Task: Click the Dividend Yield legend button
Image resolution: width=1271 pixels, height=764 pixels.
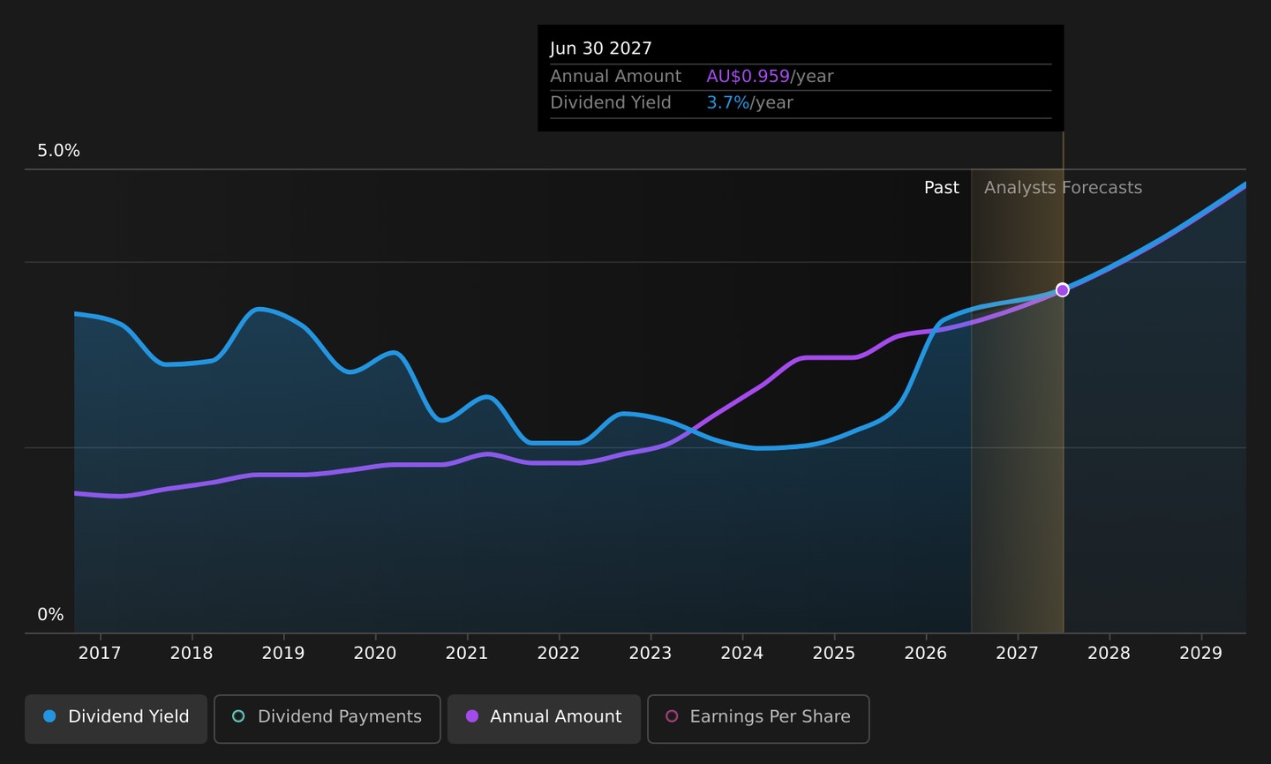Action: (116, 719)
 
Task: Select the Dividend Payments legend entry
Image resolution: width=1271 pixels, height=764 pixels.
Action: (327, 719)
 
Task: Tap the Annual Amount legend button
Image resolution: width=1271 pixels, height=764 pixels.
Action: (544, 719)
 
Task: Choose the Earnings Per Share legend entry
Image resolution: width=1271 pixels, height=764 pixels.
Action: (758, 719)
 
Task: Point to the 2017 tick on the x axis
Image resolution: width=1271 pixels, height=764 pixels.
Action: (100, 653)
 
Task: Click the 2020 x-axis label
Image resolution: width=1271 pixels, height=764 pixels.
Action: (375, 653)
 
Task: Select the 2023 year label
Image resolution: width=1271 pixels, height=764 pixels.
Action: (651, 653)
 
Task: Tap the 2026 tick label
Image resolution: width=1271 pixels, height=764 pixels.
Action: (925, 653)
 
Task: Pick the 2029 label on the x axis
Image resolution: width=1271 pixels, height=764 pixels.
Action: (1200, 653)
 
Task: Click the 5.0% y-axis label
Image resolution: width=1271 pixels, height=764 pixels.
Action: (58, 150)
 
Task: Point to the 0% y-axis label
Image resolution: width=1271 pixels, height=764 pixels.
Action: (50, 614)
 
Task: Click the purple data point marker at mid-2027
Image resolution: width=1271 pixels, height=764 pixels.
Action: (1062, 290)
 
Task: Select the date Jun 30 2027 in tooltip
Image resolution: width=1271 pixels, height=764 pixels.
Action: (601, 49)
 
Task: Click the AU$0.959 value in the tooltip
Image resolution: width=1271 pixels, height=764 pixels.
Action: (748, 76)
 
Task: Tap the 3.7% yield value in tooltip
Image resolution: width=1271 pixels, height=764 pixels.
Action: (727, 102)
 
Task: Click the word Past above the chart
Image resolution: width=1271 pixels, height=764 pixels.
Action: (941, 188)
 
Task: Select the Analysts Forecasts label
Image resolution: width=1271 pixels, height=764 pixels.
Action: (1063, 188)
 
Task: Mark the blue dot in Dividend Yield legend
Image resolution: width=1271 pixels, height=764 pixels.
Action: (49, 716)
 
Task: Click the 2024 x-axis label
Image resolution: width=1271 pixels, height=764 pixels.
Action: (741, 653)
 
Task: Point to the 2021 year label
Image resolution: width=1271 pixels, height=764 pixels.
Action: (466, 653)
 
